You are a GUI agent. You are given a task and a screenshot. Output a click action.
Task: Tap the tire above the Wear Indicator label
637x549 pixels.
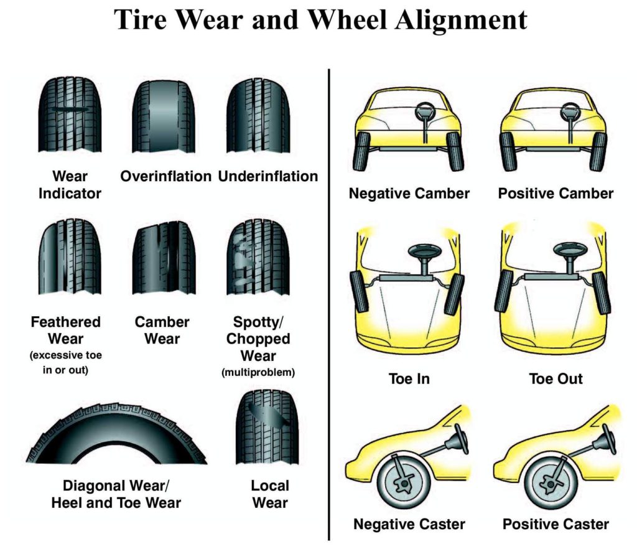pyautogui.click(x=70, y=115)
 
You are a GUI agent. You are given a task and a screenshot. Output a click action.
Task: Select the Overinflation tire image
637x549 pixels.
pyautogui.click(x=164, y=115)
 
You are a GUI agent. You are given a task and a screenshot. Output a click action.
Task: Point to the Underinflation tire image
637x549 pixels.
pyautogui.click(x=258, y=115)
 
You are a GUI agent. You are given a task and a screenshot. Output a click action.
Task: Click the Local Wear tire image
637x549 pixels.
pyautogui.click(x=267, y=427)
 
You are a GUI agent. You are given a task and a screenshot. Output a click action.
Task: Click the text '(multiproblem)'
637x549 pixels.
pyautogui.click(x=258, y=373)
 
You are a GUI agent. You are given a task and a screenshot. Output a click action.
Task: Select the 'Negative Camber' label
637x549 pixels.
pyautogui.click(x=409, y=194)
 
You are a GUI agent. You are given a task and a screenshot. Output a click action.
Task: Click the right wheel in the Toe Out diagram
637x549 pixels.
pyautogui.click(x=601, y=293)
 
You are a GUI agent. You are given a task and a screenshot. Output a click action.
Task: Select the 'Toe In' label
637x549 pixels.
pyautogui.click(x=409, y=378)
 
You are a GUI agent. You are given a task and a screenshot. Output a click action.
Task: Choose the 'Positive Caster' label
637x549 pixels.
pyautogui.click(x=556, y=524)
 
